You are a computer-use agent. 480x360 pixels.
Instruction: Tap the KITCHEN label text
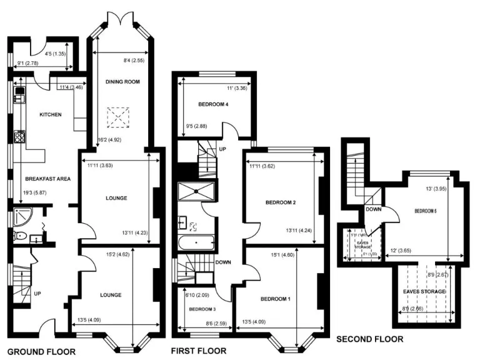pos(49,114)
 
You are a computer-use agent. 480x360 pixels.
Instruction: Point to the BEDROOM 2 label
pos(281,202)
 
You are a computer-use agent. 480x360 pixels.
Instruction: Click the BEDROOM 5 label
pos(425,211)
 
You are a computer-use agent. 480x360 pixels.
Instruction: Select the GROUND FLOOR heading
pos(41,352)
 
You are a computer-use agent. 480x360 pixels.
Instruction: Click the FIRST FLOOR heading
pos(199,351)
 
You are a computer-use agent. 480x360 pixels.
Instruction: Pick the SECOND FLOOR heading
pos(370,339)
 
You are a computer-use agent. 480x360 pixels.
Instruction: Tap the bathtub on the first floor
pos(196,241)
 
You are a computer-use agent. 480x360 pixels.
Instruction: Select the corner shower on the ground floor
pos(21,218)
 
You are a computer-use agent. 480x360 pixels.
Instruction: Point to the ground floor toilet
pos(20,236)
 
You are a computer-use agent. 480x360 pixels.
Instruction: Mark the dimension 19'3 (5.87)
pos(31,193)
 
